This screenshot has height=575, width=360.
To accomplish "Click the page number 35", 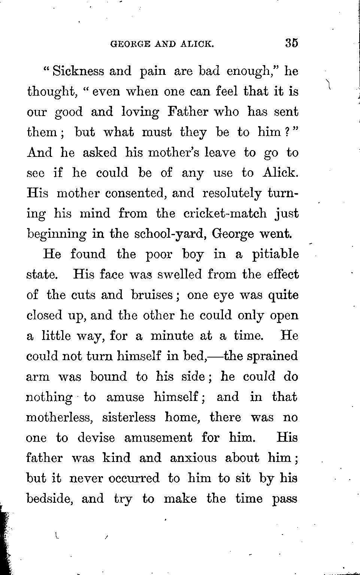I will coord(291,43).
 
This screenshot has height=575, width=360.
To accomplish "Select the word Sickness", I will coord(78,71).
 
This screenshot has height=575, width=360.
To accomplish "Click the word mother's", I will coord(170,153).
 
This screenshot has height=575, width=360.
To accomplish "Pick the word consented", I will coord(136,193).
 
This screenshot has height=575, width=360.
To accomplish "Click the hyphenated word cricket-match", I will coord(225,213).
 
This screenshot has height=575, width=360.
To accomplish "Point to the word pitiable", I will coord(275,255).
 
